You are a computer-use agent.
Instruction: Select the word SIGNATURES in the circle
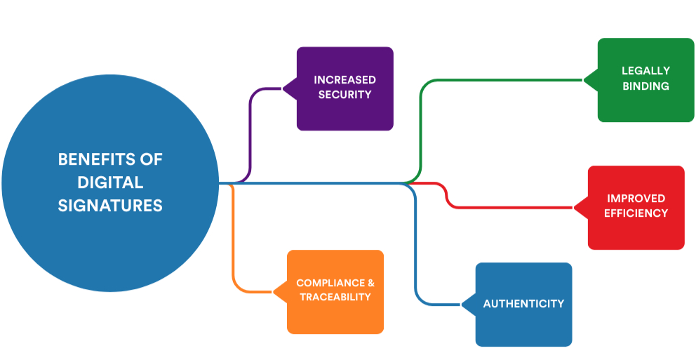pyautogui.click(x=110, y=206)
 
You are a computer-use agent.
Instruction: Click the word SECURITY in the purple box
pyautogui.click(x=344, y=94)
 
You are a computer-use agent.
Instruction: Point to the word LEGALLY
pyautogui.click(x=645, y=71)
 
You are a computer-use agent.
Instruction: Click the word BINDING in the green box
pyautogui.click(x=645, y=86)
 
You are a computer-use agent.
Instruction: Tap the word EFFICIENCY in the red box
pyautogui.click(x=636, y=213)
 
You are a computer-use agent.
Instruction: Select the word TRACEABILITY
pyautogui.click(x=335, y=297)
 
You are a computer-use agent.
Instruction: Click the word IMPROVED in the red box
pyautogui.click(x=636, y=199)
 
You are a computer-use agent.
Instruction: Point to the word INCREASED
pyautogui.click(x=344, y=80)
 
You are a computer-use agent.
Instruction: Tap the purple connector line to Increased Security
pyautogui.click(x=250, y=133)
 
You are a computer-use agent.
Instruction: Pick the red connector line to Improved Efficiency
pyautogui.click(x=512, y=208)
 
